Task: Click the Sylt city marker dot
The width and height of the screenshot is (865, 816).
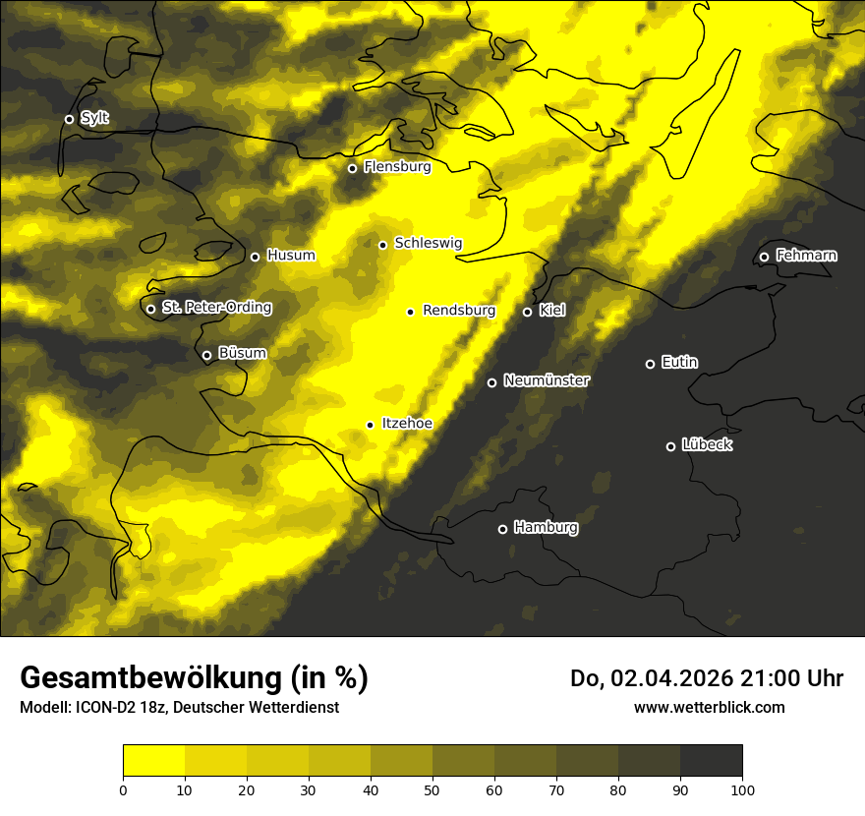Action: pos(69,119)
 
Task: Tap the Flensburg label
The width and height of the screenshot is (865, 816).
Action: pos(397,167)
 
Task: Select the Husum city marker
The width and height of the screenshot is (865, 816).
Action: pos(255,257)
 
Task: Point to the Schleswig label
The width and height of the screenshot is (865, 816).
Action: pos(428,243)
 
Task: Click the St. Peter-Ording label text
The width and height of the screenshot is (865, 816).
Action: pos(216,308)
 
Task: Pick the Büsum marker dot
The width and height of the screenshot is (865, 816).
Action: pos(206,355)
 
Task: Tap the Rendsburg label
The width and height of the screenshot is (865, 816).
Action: pos(458,311)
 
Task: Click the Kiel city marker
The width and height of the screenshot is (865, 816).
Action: pos(527,312)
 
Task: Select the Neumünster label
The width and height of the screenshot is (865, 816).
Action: pos(546,380)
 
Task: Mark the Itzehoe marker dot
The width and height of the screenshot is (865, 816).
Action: pos(370,425)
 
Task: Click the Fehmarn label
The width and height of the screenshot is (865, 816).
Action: pos(806,256)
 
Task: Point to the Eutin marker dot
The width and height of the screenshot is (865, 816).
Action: pos(650,364)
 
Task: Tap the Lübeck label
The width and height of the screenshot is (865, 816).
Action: pos(707,445)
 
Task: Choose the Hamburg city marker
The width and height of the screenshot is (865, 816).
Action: pos(502,529)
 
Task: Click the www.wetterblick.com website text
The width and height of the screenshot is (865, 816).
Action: pos(709,707)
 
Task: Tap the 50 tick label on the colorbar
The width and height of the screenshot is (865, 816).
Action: pos(432,788)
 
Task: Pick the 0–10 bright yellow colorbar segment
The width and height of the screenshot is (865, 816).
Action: pos(153,761)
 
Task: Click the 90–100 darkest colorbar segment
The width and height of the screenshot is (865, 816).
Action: pos(711,761)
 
